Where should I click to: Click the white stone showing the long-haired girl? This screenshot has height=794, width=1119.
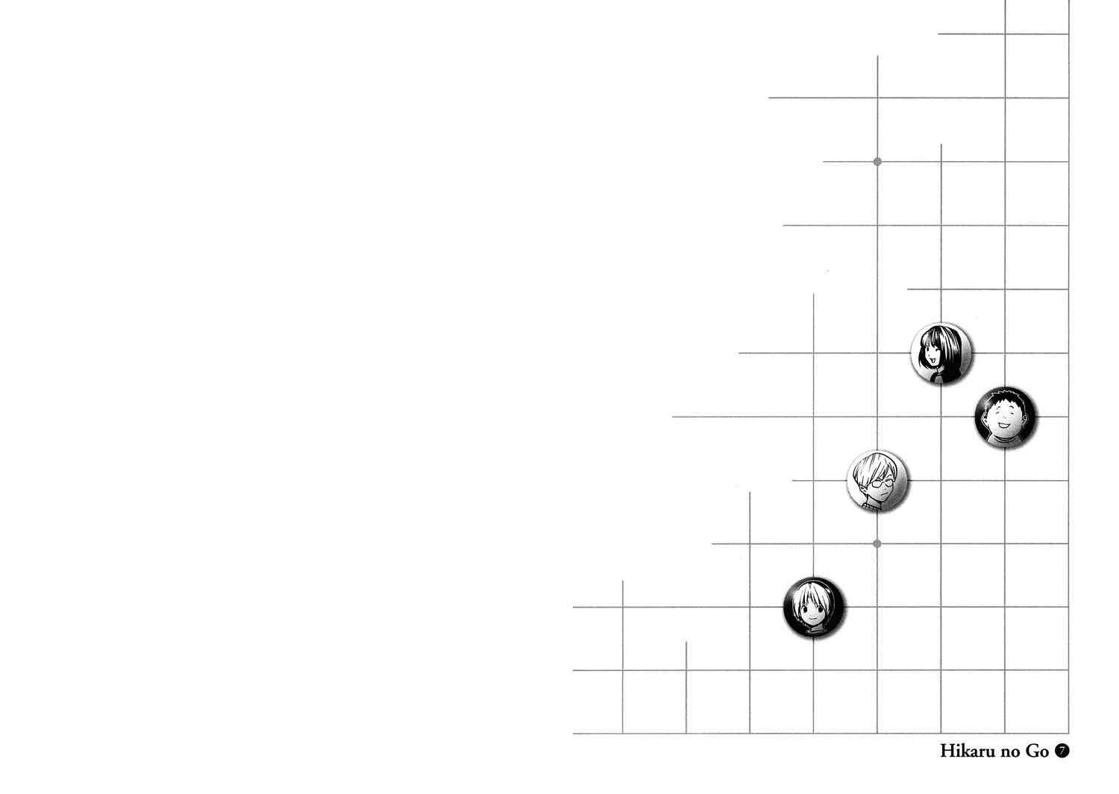click(x=941, y=353)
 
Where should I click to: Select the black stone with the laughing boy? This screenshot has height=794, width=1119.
click(x=1005, y=418)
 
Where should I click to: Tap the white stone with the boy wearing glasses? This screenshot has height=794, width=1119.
click(x=878, y=481)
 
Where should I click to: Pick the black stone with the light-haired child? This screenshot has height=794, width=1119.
click(x=814, y=608)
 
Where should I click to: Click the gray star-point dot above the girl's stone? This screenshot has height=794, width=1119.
click(x=878, y=161)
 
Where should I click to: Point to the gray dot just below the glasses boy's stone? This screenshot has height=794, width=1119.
click(x=877, y=543)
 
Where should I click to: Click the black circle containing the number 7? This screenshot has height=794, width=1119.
click(x=1062, y=751)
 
